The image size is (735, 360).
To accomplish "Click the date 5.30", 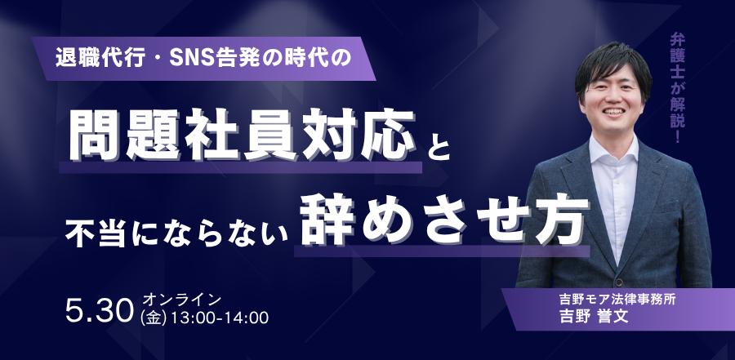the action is (x=100, y=311).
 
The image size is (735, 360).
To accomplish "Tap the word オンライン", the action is (x=181, y=299).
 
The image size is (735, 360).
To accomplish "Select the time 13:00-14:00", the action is (x=220, y=318).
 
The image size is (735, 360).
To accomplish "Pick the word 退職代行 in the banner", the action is (x=99, y=58).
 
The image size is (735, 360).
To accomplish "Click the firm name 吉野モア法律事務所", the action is (x=617, y=299).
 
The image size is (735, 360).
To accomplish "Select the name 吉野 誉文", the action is (x=594, y=317).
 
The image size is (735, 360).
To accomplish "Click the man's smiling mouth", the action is (x=613, y=112).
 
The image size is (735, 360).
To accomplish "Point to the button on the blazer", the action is (x=619, y=282).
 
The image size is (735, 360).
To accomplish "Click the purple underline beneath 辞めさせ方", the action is (x=442, y=251).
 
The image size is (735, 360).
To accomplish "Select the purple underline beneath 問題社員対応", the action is (x=240, y=167).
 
